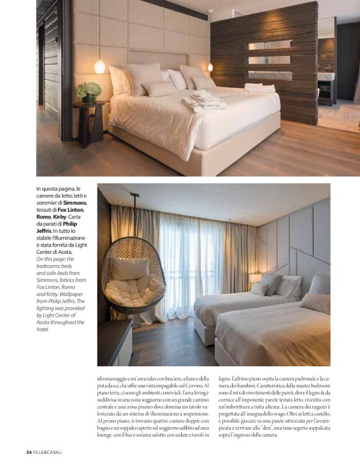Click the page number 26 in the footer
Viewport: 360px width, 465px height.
29,451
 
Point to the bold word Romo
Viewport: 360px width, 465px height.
45,217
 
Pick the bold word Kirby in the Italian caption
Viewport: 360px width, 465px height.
66,217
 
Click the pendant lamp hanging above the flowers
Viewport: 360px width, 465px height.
99,65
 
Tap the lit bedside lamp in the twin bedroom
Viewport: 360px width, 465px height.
256,278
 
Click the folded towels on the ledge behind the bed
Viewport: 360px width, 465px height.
259,88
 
